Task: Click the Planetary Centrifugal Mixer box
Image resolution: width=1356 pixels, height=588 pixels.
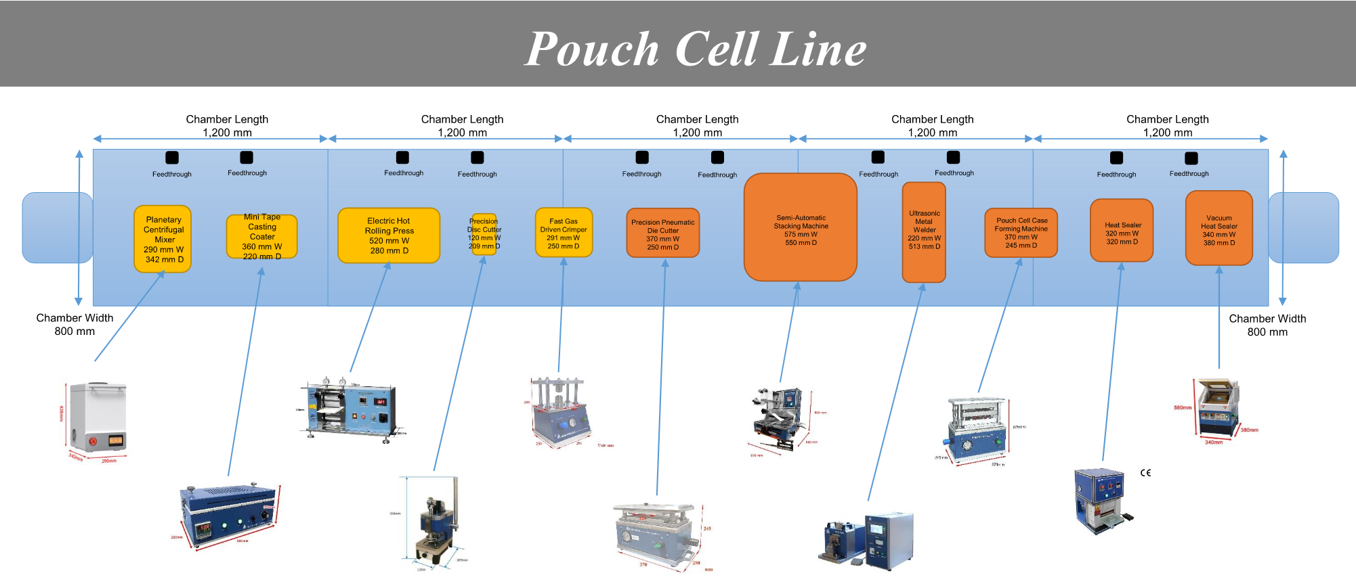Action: click(163, 239)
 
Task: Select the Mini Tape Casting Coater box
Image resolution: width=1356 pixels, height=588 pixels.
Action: click(261, 237)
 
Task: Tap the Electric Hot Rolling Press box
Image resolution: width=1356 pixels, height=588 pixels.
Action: click(389, 235)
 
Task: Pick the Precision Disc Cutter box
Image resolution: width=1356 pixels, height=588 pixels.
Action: click(484, 234)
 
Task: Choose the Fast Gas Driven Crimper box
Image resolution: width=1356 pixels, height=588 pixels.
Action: click(564, 233)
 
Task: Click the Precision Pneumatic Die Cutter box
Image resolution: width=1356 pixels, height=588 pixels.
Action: click(663, 233)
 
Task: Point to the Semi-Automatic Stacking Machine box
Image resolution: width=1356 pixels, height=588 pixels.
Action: click(801, 227)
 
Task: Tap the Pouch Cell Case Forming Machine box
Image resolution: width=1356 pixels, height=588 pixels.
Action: click(1021, 233)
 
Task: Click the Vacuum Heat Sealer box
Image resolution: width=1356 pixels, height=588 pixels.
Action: click(1219, 229)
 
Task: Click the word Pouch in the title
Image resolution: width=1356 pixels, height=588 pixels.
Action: click(592, 49)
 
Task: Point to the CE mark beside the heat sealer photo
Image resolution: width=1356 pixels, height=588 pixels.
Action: click(1145, 472)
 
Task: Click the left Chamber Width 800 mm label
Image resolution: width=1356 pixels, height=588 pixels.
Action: click(75, 325)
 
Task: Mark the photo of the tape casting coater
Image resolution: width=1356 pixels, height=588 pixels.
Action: click(228, 514)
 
